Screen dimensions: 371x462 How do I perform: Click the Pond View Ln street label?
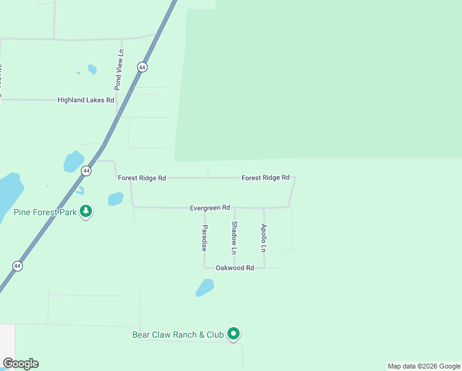pos(120,70)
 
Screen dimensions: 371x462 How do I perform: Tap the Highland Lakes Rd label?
pos(86,100)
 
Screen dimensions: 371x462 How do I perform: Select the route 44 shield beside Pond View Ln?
pos(142,67)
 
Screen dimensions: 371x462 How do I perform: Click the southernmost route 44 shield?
pos(17,266)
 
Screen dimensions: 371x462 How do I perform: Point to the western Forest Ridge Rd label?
pos(142,178)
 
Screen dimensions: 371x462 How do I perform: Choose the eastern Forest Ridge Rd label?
pos(266,177)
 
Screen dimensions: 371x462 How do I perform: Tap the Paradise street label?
pos(204,237)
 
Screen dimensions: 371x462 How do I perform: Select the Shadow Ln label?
pos(234,238)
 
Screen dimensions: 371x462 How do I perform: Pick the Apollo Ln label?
pos(264,238)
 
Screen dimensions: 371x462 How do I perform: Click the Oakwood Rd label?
pos(235,268)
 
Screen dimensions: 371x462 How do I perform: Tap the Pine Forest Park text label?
pos(45,212)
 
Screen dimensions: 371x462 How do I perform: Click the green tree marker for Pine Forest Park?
pos(86,212)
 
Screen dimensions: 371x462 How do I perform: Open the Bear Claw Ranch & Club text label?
pos(178,335)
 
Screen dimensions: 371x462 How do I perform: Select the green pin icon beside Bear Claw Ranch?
pos(233,335)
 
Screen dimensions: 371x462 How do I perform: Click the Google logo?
pos(20,364)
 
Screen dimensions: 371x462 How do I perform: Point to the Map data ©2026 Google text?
pos(424,366)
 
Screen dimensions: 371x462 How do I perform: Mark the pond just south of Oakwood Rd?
pos(204,288)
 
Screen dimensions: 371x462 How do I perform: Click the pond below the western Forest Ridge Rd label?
pos(115,198)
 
